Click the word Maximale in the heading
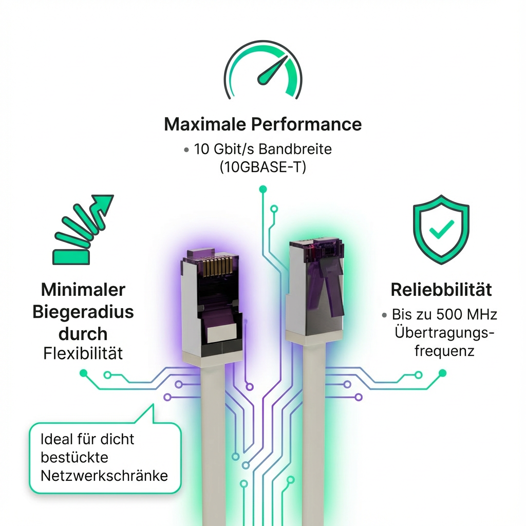[x=204, y=124]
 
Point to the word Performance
[x=306, y=124]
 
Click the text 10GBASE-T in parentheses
[x=262, y=167]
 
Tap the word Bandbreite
[x=295, y=149]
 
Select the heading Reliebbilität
[x=441, y=290]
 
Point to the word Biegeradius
[x=83, y=312]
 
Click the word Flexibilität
[x=83, y=353]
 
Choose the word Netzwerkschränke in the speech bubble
[x=104, y=476]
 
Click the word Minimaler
[x=83, y=290]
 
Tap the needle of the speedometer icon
[x=272, y=71]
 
